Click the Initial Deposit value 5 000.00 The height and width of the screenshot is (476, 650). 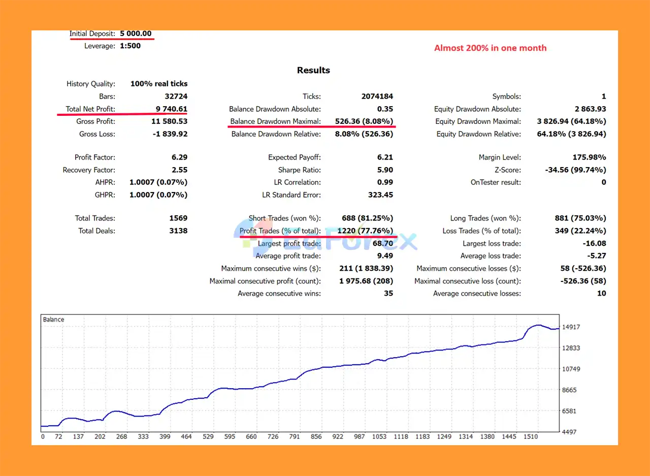pos(136,34)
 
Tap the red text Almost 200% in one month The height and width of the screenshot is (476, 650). pos(490,48)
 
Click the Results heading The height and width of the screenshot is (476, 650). pos(313,70)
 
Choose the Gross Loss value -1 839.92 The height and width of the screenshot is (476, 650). pos(169,134)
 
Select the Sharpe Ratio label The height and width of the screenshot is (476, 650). pos(299,170)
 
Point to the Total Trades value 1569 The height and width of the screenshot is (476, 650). pos(178,218)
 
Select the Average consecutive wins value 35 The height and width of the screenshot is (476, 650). pos(388,293)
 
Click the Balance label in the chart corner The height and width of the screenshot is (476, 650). pos(53,320)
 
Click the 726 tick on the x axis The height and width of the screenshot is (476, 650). pos(273,436)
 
